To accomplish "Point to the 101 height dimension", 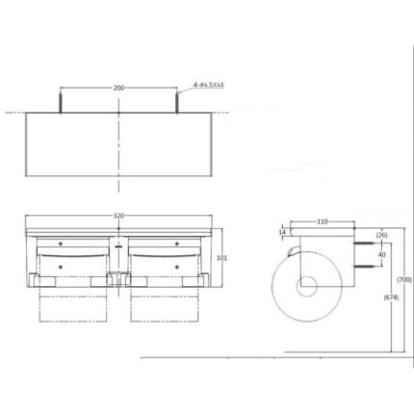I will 221,258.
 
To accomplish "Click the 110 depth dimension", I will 323,221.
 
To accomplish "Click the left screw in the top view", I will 63,100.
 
